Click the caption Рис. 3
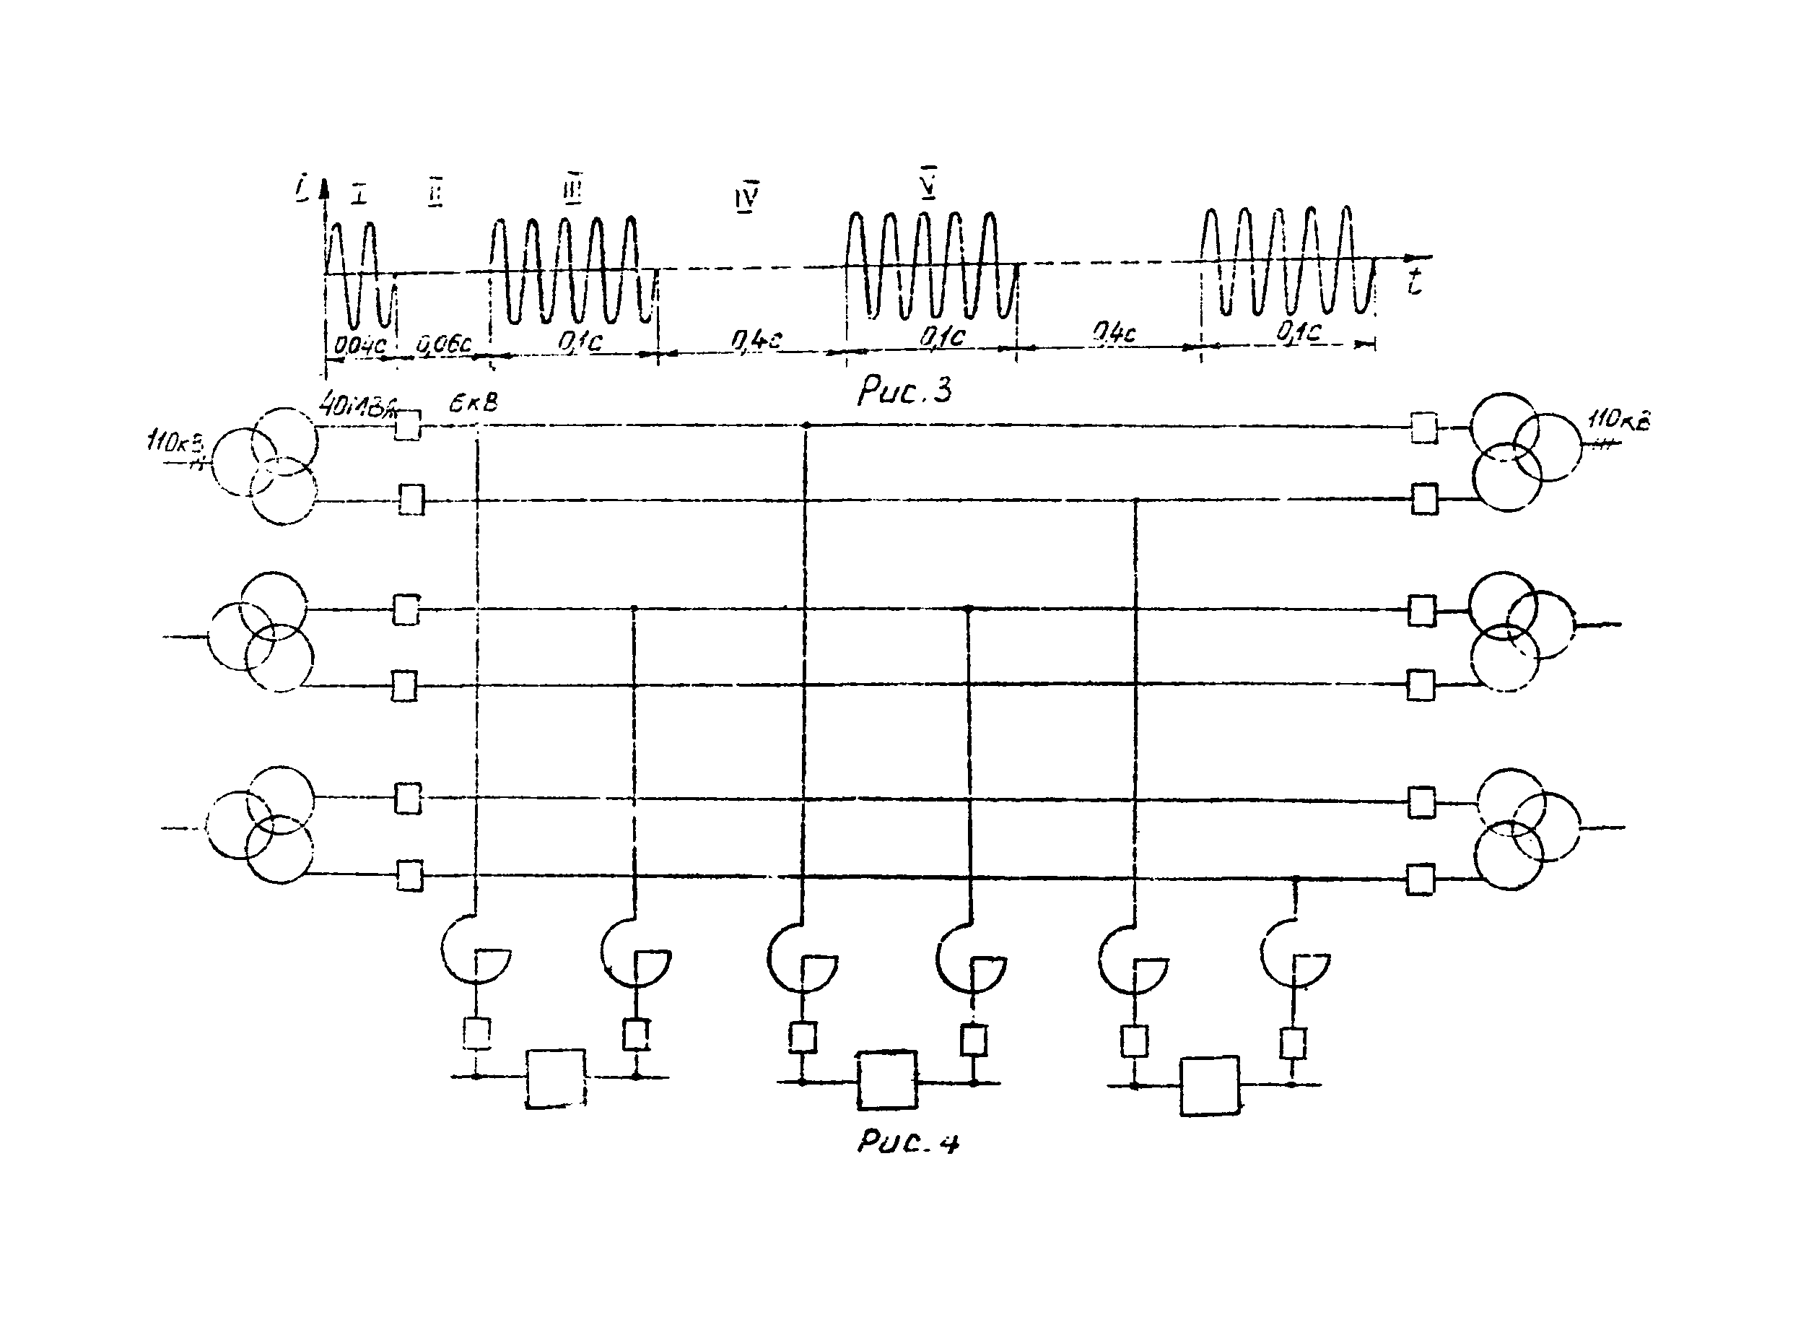pos(904,391)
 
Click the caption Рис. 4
pos(908,1142)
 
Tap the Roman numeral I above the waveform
pos(359,194)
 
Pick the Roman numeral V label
pos(928,183)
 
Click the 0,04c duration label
pos(359,345)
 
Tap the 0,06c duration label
pos(444,344)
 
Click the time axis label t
pos(1415,282)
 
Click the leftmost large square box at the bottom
pos(556,1078)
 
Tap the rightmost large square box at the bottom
pos(1209,1085)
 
